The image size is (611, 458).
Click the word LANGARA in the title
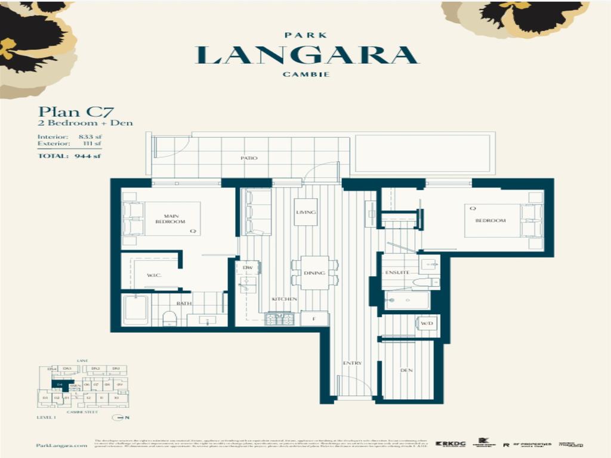(x=307, y=55)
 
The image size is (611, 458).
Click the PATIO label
(x=249, y=158)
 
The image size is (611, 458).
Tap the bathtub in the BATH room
(x=135, y=309)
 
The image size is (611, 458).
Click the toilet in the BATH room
(x=169, y=318)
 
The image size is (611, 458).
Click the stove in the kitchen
(x=279, y=319)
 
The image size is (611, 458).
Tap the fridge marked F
(x=314, y=319)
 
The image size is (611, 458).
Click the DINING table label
(x=314, y=273)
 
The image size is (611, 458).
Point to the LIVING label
(x=305, y=212)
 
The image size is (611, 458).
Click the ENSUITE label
(x=397, y=272)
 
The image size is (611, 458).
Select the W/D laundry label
(x=426, y=324)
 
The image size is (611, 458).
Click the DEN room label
(x=406, y=370)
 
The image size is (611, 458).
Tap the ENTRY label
(x=352, y=363)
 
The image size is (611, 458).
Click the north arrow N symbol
(x=123, y=417)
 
